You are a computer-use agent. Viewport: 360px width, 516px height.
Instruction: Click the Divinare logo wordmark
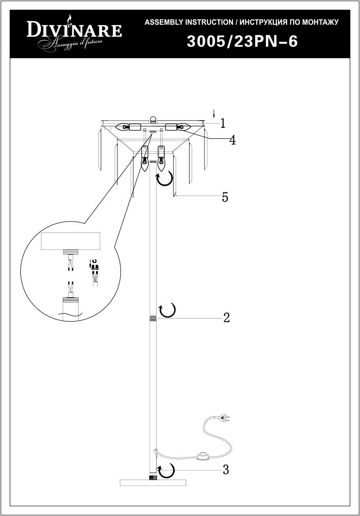pyautogui.click(x=74, y=30)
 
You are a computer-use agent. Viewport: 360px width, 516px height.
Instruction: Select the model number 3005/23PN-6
pyautogui.click(x=242, y=42)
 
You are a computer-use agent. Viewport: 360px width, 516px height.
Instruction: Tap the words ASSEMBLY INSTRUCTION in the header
pyautogui.click(x=189, y=22)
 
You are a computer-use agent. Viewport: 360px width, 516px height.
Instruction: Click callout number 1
pyautogui.click(x=223, y=123)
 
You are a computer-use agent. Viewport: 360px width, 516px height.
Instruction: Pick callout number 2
pyautogui.click(x=226, y=318)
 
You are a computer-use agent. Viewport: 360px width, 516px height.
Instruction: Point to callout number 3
pyautogui.click(x=226, y=470)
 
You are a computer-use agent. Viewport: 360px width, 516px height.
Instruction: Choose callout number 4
pyautogui.click(x=232, y=140)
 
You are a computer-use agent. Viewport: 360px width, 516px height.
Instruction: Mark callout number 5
pyautogui.click(x=225, y=197)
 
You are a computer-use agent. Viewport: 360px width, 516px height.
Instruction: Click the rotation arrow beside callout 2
pyautogui.click(x=167, y=310)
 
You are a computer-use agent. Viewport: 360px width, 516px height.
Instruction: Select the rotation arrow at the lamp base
pyautogui.click(x=166, y=471)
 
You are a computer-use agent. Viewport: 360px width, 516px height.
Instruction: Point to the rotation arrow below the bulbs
pyautogui.click(x=165, y=179)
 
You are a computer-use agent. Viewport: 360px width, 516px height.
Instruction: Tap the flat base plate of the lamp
pyautogui.click(x=153, y=483)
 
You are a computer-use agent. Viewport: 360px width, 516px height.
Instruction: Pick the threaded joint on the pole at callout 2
pyautogui.click(x=152, y=318)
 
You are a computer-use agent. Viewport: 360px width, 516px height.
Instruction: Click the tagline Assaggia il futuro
pyautogui.click(x=71, y=44)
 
